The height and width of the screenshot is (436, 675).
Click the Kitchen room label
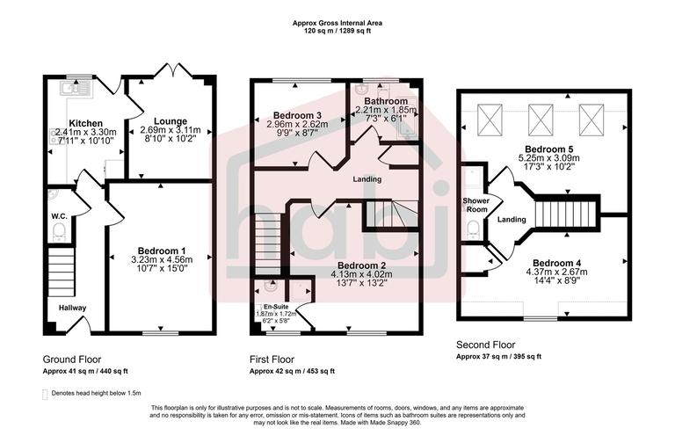(86, 123)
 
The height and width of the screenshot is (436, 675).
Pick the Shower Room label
(475, 205)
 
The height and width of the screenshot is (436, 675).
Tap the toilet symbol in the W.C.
(59, 232)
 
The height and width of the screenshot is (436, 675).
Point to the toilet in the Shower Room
(474, 230)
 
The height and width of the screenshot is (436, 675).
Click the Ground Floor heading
(72, 360)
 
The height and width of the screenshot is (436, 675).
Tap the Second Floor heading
(485, 345)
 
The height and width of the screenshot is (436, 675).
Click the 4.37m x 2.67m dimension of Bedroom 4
(555, 272)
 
